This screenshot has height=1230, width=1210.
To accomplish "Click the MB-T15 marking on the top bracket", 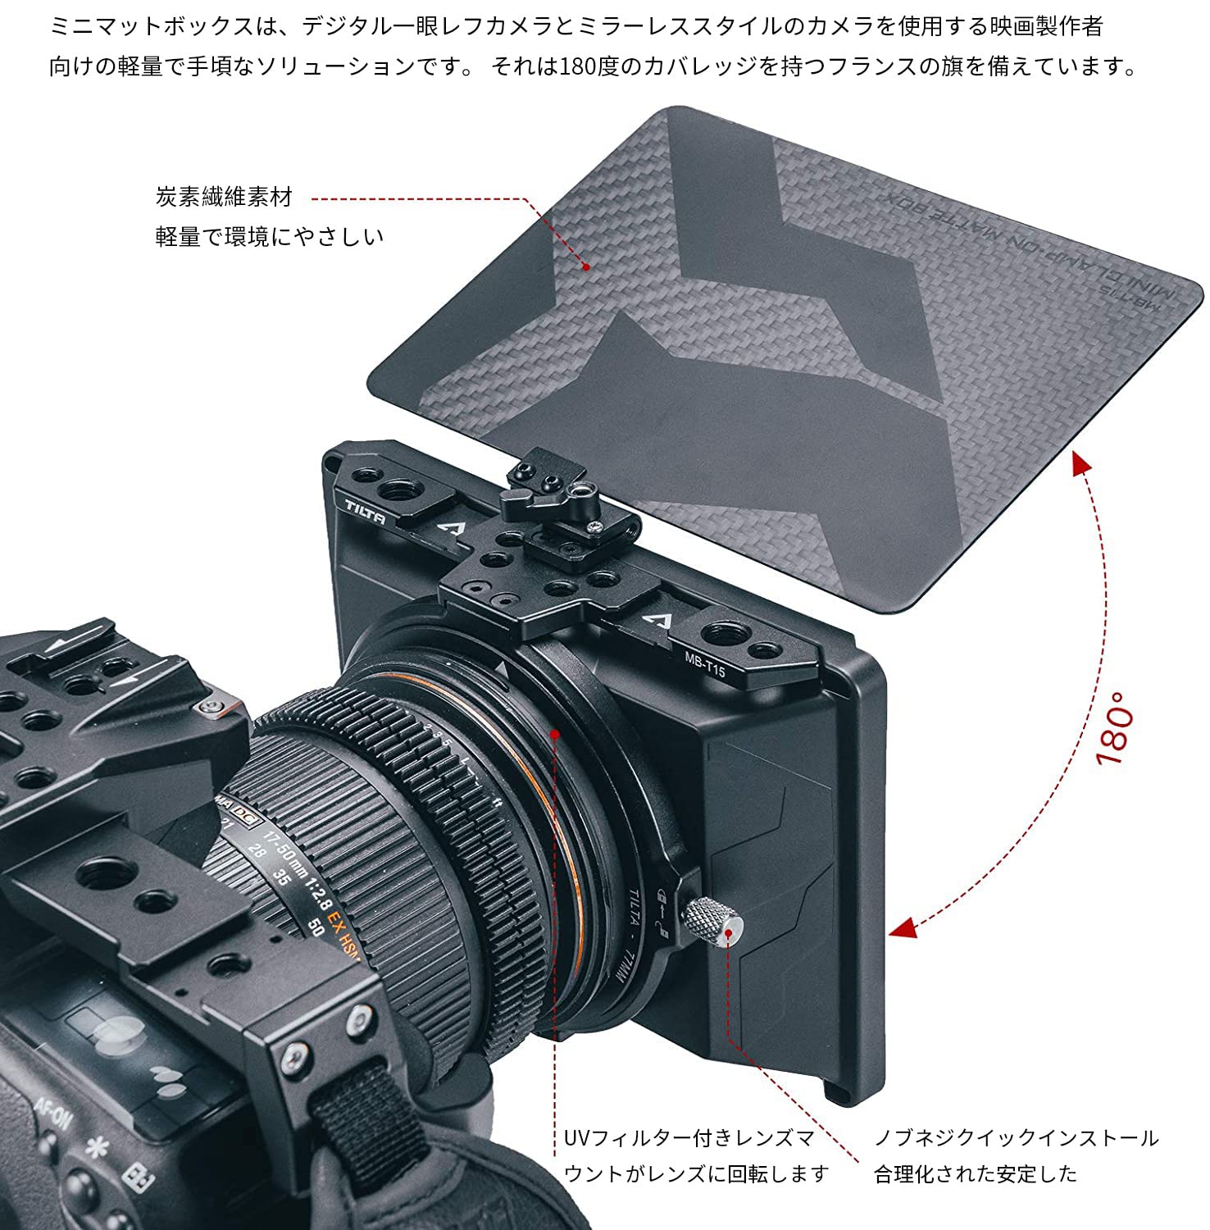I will pyautogui.click(x=705, y=663).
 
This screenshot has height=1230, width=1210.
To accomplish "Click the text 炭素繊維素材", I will pyautogui.click(x=224, y=197).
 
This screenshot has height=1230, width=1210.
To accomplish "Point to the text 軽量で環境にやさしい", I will pyautogui.click(x=270, y=237).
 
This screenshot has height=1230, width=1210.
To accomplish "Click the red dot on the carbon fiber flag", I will pyautogui.click(x=586, y=266).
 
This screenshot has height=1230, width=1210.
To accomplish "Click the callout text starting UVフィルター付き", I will pyautogui.click(x=689, y=1138).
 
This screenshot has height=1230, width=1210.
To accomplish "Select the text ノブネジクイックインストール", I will pyautogui.click(x=1017, y=1138).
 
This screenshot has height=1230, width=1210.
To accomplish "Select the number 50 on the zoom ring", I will pyautogui.click(x=314, y=927).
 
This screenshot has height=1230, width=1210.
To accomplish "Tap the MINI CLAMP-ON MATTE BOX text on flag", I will pyautogui.click(x=1033, y=246).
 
